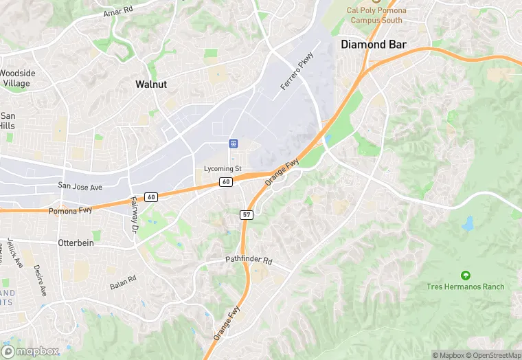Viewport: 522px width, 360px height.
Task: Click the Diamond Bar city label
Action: point(374,45)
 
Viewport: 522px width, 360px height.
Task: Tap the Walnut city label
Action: point(151,84)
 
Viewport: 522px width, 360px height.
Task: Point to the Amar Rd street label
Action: point(117,13)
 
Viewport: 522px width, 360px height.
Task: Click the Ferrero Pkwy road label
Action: point(297,71)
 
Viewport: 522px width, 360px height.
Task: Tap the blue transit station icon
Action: point(234,144)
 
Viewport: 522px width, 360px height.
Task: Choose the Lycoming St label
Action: point(223,168)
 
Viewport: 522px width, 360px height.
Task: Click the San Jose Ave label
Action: point(80,186)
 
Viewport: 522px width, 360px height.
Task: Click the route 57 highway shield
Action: point(247,215)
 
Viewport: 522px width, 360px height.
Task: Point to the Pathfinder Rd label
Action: point(249,261)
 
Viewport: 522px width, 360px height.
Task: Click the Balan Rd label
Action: point(123,282)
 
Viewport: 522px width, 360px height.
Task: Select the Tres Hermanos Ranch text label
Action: point(465,286)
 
